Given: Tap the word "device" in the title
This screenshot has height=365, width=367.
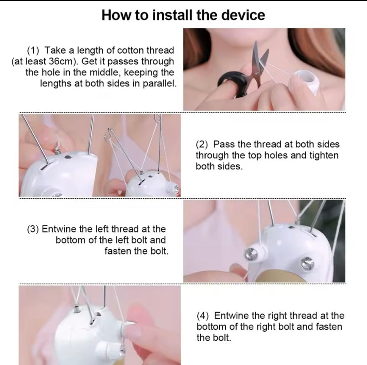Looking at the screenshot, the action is (243, 15).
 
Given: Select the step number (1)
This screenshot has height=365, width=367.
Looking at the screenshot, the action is (33, 50).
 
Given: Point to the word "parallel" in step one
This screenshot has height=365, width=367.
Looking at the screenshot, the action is (159, 83).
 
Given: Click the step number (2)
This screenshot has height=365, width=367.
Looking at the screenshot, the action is (202, 144).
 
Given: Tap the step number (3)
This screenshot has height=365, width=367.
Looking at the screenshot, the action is (33, 229).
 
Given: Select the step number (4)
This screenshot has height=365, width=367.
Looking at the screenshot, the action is (203, 316).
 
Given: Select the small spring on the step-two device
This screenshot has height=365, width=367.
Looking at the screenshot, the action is (57, 149).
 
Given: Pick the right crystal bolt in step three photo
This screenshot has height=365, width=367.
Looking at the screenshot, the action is (307, 263).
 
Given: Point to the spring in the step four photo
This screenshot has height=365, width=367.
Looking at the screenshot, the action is (76, 309).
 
